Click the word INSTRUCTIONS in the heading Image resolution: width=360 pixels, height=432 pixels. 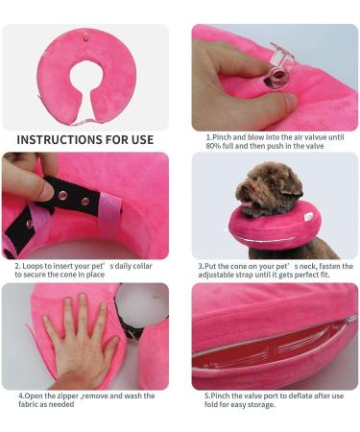[61, 139]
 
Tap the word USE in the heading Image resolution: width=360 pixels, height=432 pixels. [138, 139]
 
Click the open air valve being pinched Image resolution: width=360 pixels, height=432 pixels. [280, 56]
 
